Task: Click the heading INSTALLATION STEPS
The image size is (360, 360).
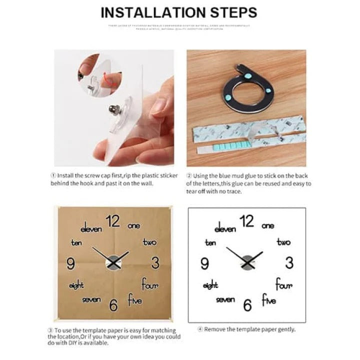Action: [x=179, y=12]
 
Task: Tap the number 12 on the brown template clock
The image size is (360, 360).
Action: [x=113, y=220]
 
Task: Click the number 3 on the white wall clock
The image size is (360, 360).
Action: [x=289, y=262]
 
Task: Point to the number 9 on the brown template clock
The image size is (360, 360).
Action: [x=70, y=263]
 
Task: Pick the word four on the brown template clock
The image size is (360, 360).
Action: [x=149, y=285]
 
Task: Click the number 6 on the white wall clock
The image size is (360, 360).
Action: [x=247, y=305]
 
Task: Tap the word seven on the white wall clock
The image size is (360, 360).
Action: [x=225, y=299]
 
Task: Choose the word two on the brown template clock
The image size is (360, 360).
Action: [x=149, y=242]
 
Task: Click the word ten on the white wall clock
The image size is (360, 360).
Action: [x=210, y=242]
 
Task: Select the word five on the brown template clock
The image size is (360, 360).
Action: [x=134, y=300]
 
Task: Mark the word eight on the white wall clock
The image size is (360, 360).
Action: [x=210, y=285]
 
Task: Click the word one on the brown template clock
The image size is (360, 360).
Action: [x=134, y=225]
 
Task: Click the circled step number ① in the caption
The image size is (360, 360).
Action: [x=53, y=175]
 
